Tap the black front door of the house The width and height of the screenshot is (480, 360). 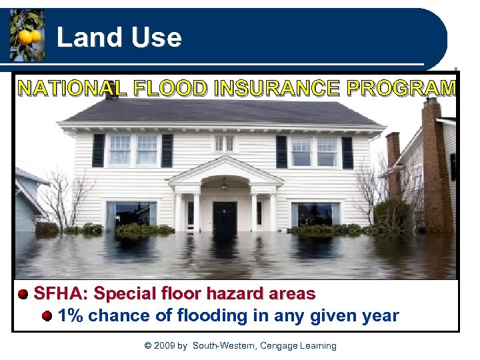pos(225,216)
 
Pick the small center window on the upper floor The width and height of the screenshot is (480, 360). pos(225,143)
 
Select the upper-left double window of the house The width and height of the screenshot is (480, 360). pos(133,150)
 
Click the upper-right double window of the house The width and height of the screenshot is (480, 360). pos(314,151)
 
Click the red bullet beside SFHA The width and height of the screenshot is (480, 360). pos(23,293)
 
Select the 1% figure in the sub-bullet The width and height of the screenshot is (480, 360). pos(71,315)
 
